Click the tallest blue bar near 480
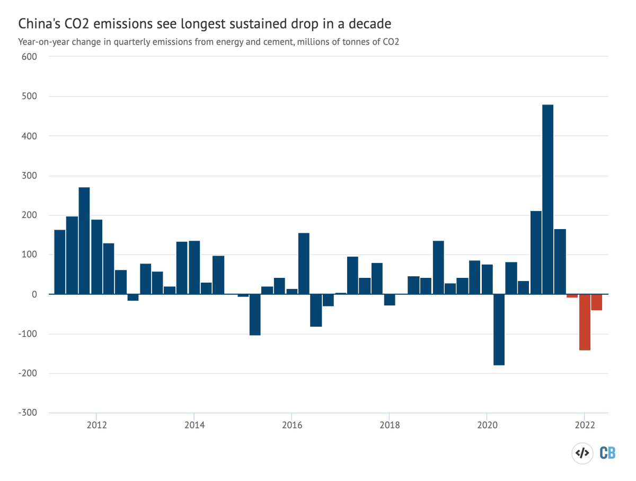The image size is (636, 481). (x=547, y=199)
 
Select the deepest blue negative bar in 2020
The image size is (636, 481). (x=499, y=329)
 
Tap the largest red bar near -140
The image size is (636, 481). (x=585, y=322)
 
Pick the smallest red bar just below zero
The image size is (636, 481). (x=572, y=296)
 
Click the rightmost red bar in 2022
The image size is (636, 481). (x=596, y=302)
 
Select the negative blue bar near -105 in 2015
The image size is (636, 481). (x=255, y=314)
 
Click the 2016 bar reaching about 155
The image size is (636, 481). (x=304, y=263)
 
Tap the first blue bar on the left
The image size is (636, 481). (x=59, y=262)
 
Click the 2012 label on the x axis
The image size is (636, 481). (x=96, y=426)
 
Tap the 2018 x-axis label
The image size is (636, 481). (x=389, y=426)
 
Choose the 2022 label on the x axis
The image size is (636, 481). (x=584, y=426)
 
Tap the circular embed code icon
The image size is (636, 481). (x=582, y=453)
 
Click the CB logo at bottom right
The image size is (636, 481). (x=607, y=453)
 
